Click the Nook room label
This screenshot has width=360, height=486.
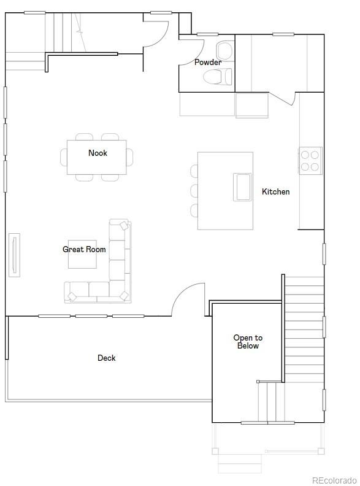click(x=98, y=153)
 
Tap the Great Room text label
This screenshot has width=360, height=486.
click(x=84, y=249)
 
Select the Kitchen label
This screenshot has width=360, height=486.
click(x=275, y=191)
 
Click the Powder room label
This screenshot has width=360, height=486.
click(x=207, y=62)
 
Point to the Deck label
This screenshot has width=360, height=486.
click(x=106, y=358)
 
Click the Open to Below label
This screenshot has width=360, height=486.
click(x=248, y=342)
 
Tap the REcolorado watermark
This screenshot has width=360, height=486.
click(x=333, y=480)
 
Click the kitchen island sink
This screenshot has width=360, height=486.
click(x=242, y=187)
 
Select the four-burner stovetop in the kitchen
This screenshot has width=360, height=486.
click(x=310, y=160)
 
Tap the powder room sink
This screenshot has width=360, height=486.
click(x=224, y=48)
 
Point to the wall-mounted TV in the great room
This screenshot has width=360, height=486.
click(x=14, y=255)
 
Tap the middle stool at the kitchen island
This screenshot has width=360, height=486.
click(x=194, y=190)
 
